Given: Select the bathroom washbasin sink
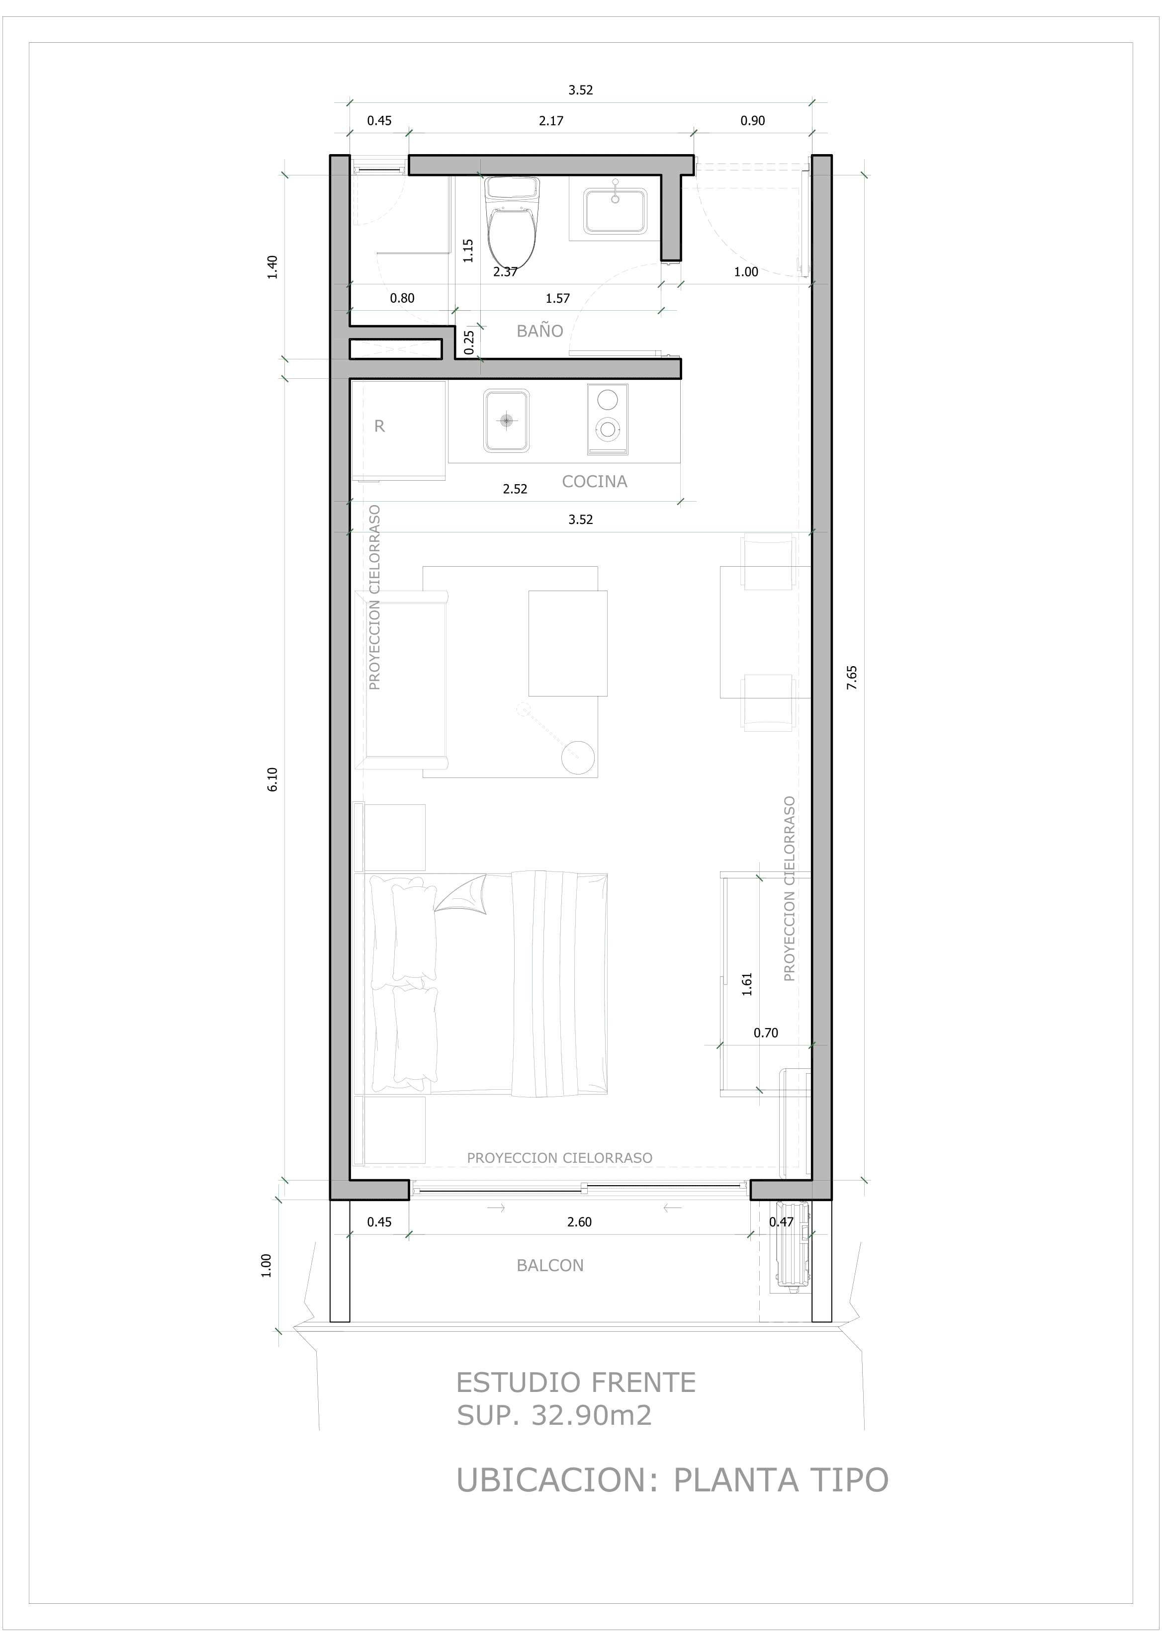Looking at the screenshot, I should point(615,211).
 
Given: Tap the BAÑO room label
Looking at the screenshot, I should point(539,331).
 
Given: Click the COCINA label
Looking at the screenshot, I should point(594,481).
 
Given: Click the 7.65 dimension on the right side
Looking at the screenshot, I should point(851,677).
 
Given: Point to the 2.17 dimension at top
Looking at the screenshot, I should point(551,120).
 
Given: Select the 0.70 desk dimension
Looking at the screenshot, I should point(765,1033).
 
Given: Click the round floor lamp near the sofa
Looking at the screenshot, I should point(578,757).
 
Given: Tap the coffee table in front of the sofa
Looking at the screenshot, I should point(567,643).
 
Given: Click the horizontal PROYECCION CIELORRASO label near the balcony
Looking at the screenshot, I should point(559,1158).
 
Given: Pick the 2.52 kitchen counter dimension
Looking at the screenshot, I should point(515,489).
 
